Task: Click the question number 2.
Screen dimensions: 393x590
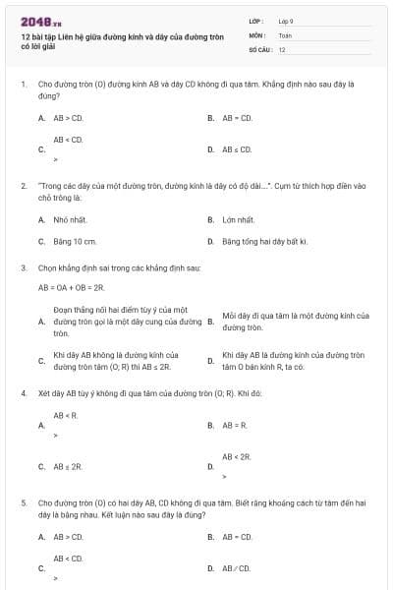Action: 23,185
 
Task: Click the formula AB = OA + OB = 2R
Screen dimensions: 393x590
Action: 71,287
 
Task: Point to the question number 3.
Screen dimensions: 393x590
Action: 23,267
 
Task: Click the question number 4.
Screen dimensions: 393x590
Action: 23,392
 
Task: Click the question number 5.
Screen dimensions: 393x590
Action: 23,501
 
